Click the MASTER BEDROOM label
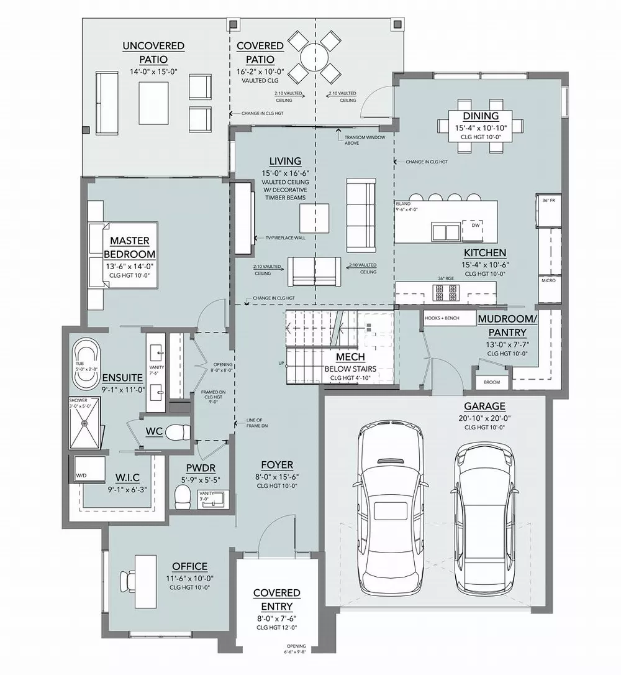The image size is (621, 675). click(129, 247)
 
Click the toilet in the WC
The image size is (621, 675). click(178, 431)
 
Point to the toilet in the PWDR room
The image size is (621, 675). click(183, 496)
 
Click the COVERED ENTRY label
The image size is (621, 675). click(276, 599)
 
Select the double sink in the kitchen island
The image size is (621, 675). click(446, 232)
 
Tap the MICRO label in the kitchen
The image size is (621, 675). click(548, 280)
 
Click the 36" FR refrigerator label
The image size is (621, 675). click(548, 201)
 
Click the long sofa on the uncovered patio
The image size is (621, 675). click(106, 103)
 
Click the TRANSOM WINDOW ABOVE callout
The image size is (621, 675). click(356, 140)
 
